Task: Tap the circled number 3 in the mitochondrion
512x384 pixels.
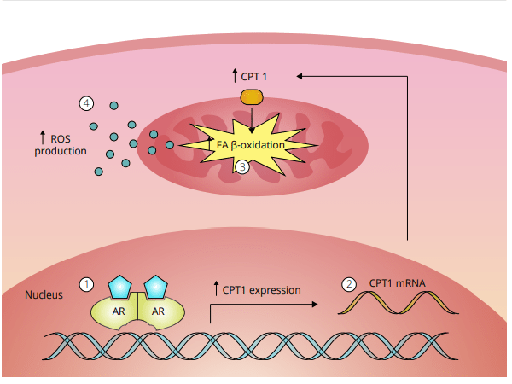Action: click(x=242, y=167)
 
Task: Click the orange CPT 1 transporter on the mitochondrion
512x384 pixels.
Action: click(x=252, y=97)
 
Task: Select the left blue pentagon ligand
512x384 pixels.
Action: click(x=120, y=286)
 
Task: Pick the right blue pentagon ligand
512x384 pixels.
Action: click(x=157, y=286)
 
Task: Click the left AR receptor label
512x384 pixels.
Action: click(x=119, y=311)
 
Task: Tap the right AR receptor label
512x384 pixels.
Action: click(x=158, y=311)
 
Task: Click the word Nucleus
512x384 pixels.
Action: click(x=44, y=295)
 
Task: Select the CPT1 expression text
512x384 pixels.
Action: click(x=261, y=290)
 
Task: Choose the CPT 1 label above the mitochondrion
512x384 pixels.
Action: click(x=254, y=77)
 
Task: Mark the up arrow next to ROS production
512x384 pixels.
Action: click(x=42, y=136)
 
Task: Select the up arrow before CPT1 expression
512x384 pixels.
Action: click(x=216, y=289)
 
